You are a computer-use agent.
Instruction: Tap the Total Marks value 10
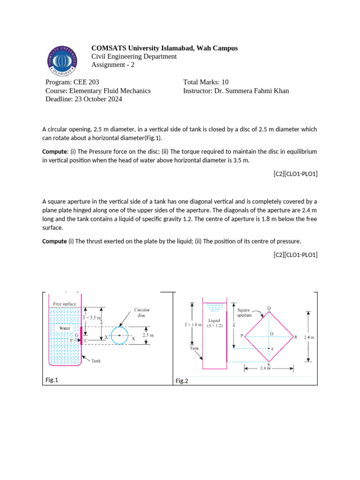click(225, 82)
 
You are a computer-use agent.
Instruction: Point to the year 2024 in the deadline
click(114, 99)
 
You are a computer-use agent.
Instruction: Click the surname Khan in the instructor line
click(280, 90)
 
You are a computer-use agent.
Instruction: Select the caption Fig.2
click(182, 381)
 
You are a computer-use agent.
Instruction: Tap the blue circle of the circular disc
click(120, 335)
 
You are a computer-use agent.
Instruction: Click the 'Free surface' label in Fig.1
click(65, 304)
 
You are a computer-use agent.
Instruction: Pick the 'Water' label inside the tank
click(64, 328)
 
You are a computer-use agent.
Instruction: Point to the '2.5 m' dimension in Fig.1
click(148, 336)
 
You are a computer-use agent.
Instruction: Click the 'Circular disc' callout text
click(142, 313)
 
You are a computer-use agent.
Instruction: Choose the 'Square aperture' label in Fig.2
click(244, 313)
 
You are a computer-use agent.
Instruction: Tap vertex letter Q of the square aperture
click(269, 308)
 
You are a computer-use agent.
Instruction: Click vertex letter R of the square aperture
click(296, 337)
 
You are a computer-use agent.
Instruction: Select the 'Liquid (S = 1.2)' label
click(214, 323)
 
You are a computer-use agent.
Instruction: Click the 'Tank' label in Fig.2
click(194, 348)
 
